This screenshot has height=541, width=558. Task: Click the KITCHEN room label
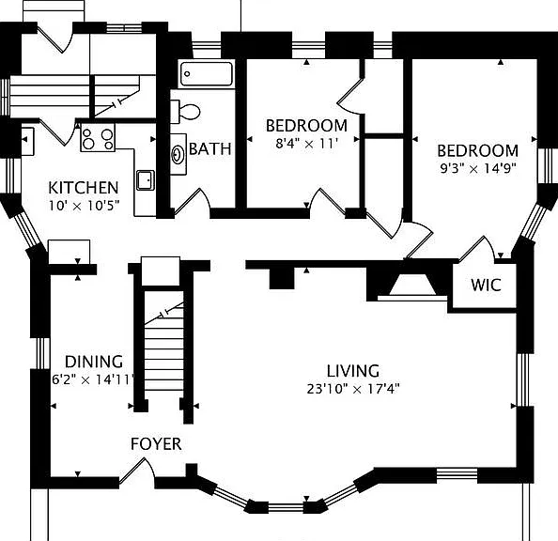tap(84, 188)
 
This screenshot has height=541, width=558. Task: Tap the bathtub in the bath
tap(207, 73)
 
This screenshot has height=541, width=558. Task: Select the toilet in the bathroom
tap(185, 112)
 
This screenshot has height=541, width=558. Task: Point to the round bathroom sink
tap(178, 154)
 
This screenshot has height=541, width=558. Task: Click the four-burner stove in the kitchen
tap(98, 137)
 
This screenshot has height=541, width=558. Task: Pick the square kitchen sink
tap(146, 180)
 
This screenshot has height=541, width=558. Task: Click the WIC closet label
tap(486, 285)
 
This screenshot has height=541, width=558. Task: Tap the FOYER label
tap(156, 444)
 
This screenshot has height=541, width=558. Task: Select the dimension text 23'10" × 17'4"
tap(353, 389)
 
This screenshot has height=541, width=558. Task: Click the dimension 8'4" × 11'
tap(306, 144)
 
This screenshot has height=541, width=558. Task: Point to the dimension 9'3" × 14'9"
tap(478, 168)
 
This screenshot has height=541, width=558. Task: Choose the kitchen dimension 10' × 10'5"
tap(84, 206)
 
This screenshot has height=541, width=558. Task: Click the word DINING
tap(94, 362)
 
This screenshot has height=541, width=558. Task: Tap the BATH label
tap(210, 148)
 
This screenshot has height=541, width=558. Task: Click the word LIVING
tap(353, 371)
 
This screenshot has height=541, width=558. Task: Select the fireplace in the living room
tap(412, 286)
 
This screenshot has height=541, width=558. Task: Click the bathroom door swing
tap(191, 202)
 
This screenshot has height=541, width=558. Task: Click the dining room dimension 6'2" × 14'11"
tap(93, 379)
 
